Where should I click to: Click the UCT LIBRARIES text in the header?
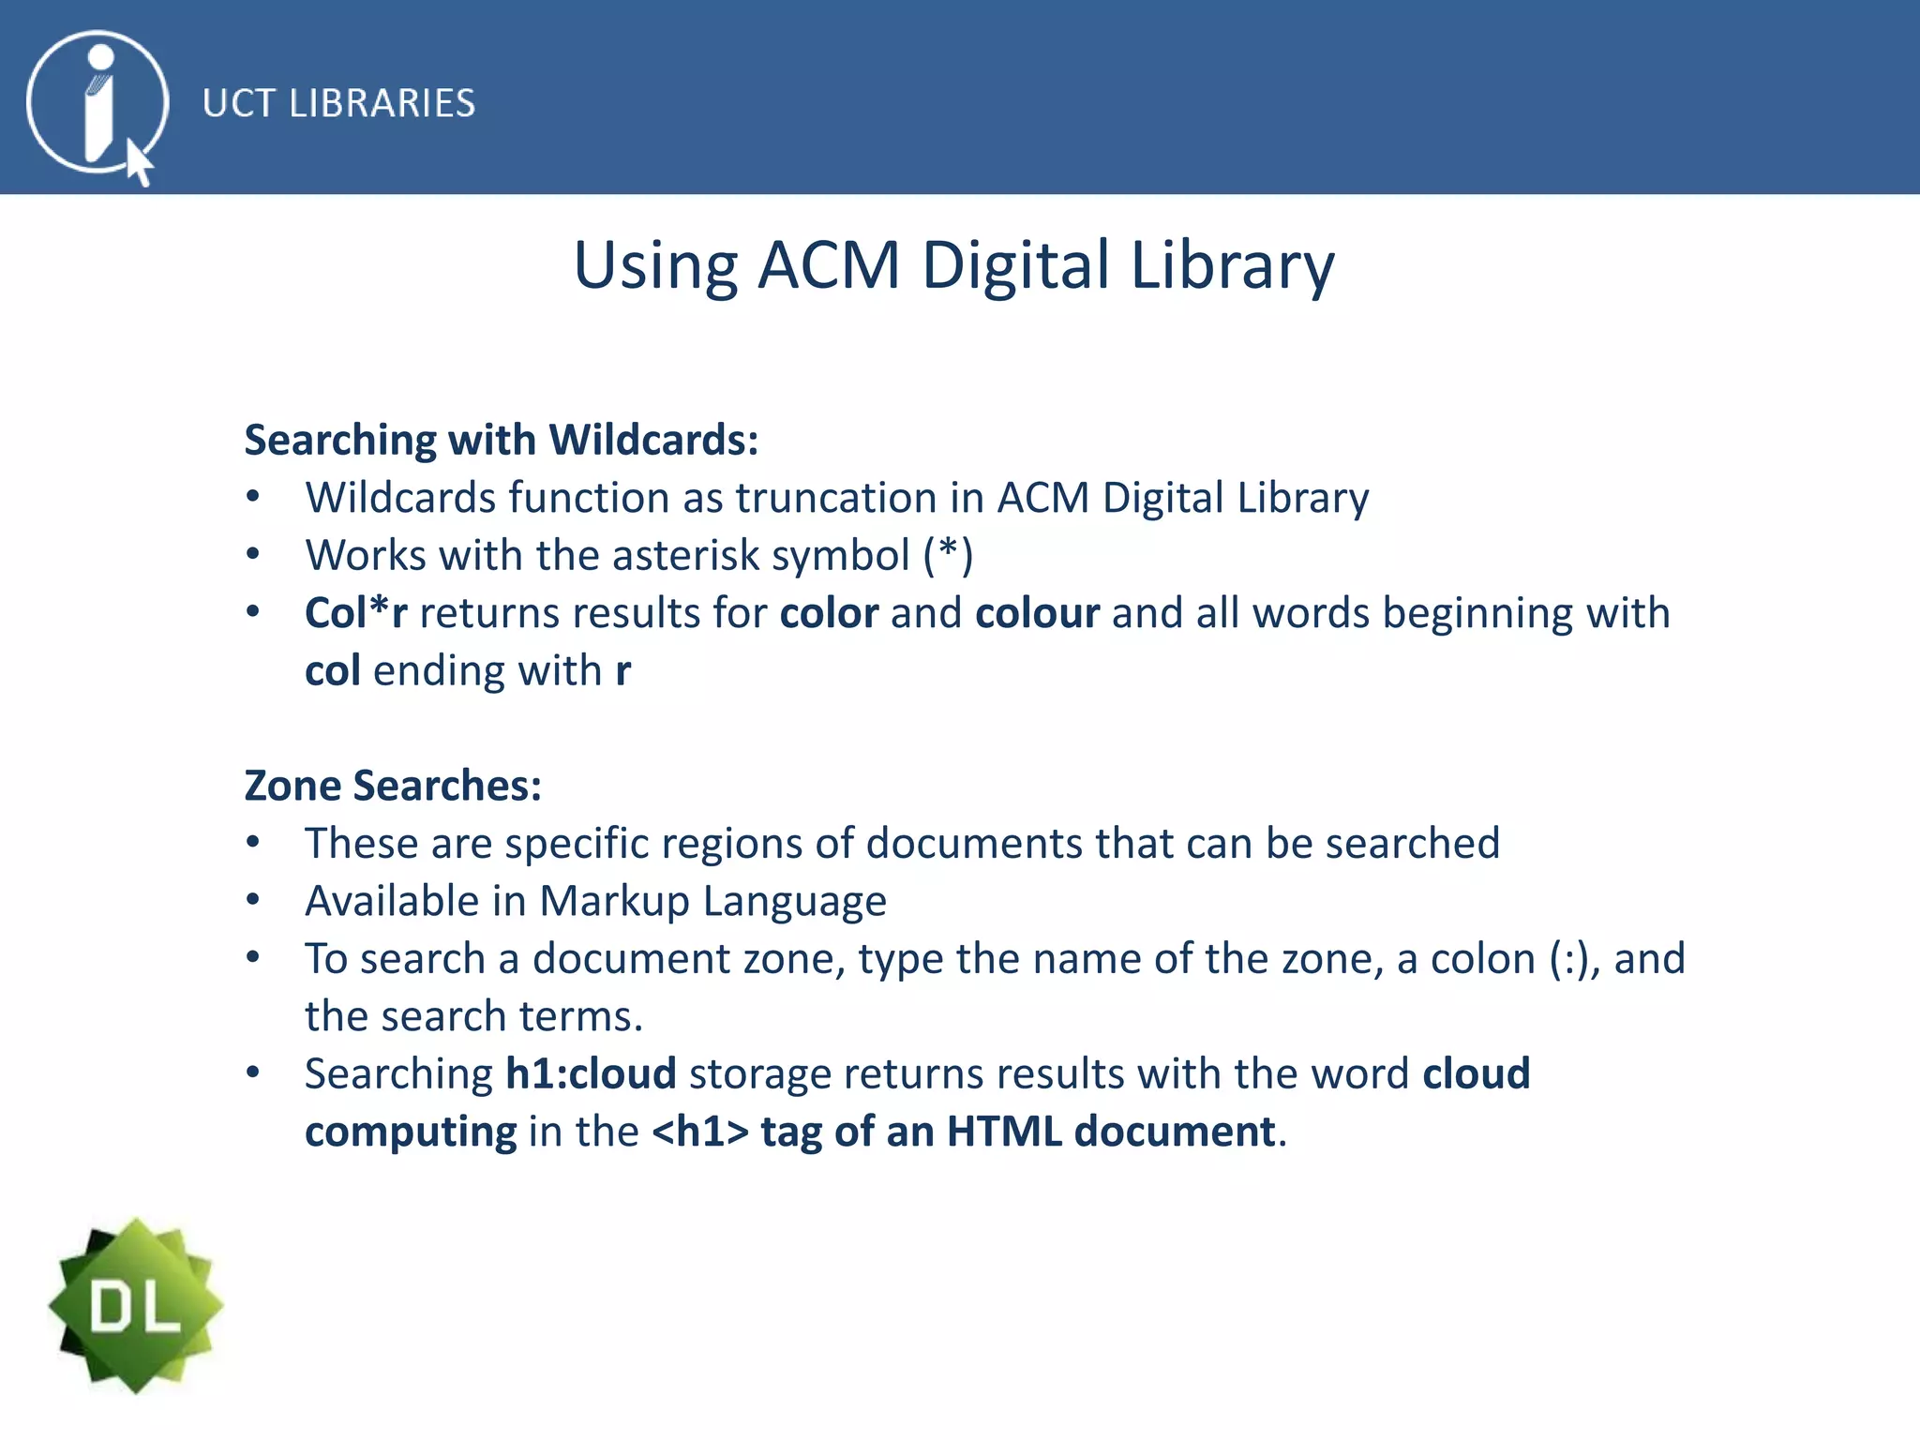[338, 103]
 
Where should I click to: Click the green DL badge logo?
[136, 1305]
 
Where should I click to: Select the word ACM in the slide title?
[829, 265]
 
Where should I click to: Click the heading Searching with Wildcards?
[502, 440]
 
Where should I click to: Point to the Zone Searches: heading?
[393, 786]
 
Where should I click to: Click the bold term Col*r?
[355, 613]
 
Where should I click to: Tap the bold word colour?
[1037, 613]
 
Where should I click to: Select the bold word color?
[829, 613]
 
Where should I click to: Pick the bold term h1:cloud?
[591, 1073]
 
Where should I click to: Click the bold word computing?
[411, 1132]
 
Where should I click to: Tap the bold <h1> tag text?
[700, 1132]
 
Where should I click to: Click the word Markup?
[614, 901]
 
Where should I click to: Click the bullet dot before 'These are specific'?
[252, 842]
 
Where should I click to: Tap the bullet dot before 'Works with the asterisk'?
[252, 554]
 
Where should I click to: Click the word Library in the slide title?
[1232, 265]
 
